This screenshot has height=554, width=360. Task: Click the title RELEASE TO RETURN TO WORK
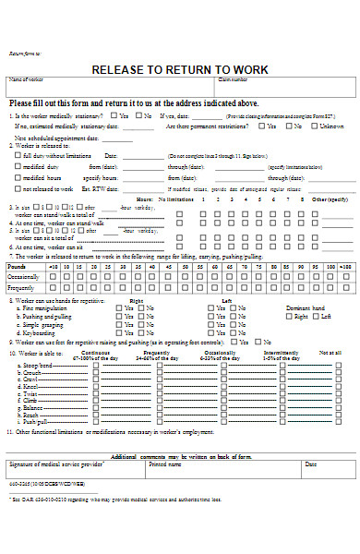(x=179, y=69)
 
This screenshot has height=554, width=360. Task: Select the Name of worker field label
(x=27, y=80)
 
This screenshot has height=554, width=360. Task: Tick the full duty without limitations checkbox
(x=18, y=156)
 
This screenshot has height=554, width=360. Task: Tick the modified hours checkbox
(x=18, y=176)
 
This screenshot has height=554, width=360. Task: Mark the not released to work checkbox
(x=18, y=187)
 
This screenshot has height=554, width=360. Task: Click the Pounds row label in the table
(x=19, y=265)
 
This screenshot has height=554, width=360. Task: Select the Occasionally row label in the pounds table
(x=25, y=276)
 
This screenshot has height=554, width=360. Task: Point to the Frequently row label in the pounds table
(x=24, y=287)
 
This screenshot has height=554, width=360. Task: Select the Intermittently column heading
(x=281, y=352)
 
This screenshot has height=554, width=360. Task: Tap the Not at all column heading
(x=330, y=352)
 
